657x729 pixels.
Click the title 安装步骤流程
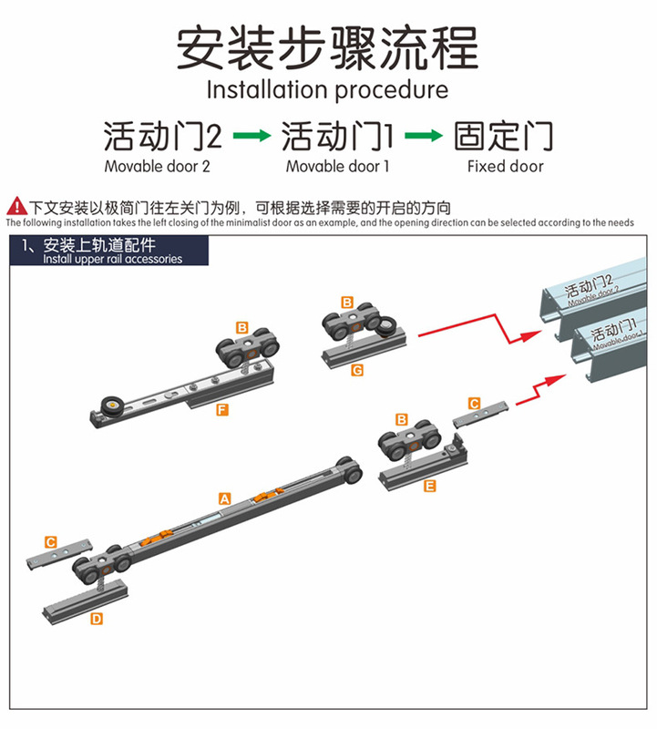327,47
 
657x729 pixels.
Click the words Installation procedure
327,90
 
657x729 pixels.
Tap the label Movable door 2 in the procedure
157,167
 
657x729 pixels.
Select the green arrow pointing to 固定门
423,137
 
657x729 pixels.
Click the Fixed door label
505,167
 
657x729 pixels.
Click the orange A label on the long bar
224,498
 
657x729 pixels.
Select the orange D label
97,619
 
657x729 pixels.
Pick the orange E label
430,486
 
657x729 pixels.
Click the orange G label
356,370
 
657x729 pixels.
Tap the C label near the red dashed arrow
473,402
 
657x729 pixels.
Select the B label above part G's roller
346,302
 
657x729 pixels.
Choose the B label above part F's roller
241,326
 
